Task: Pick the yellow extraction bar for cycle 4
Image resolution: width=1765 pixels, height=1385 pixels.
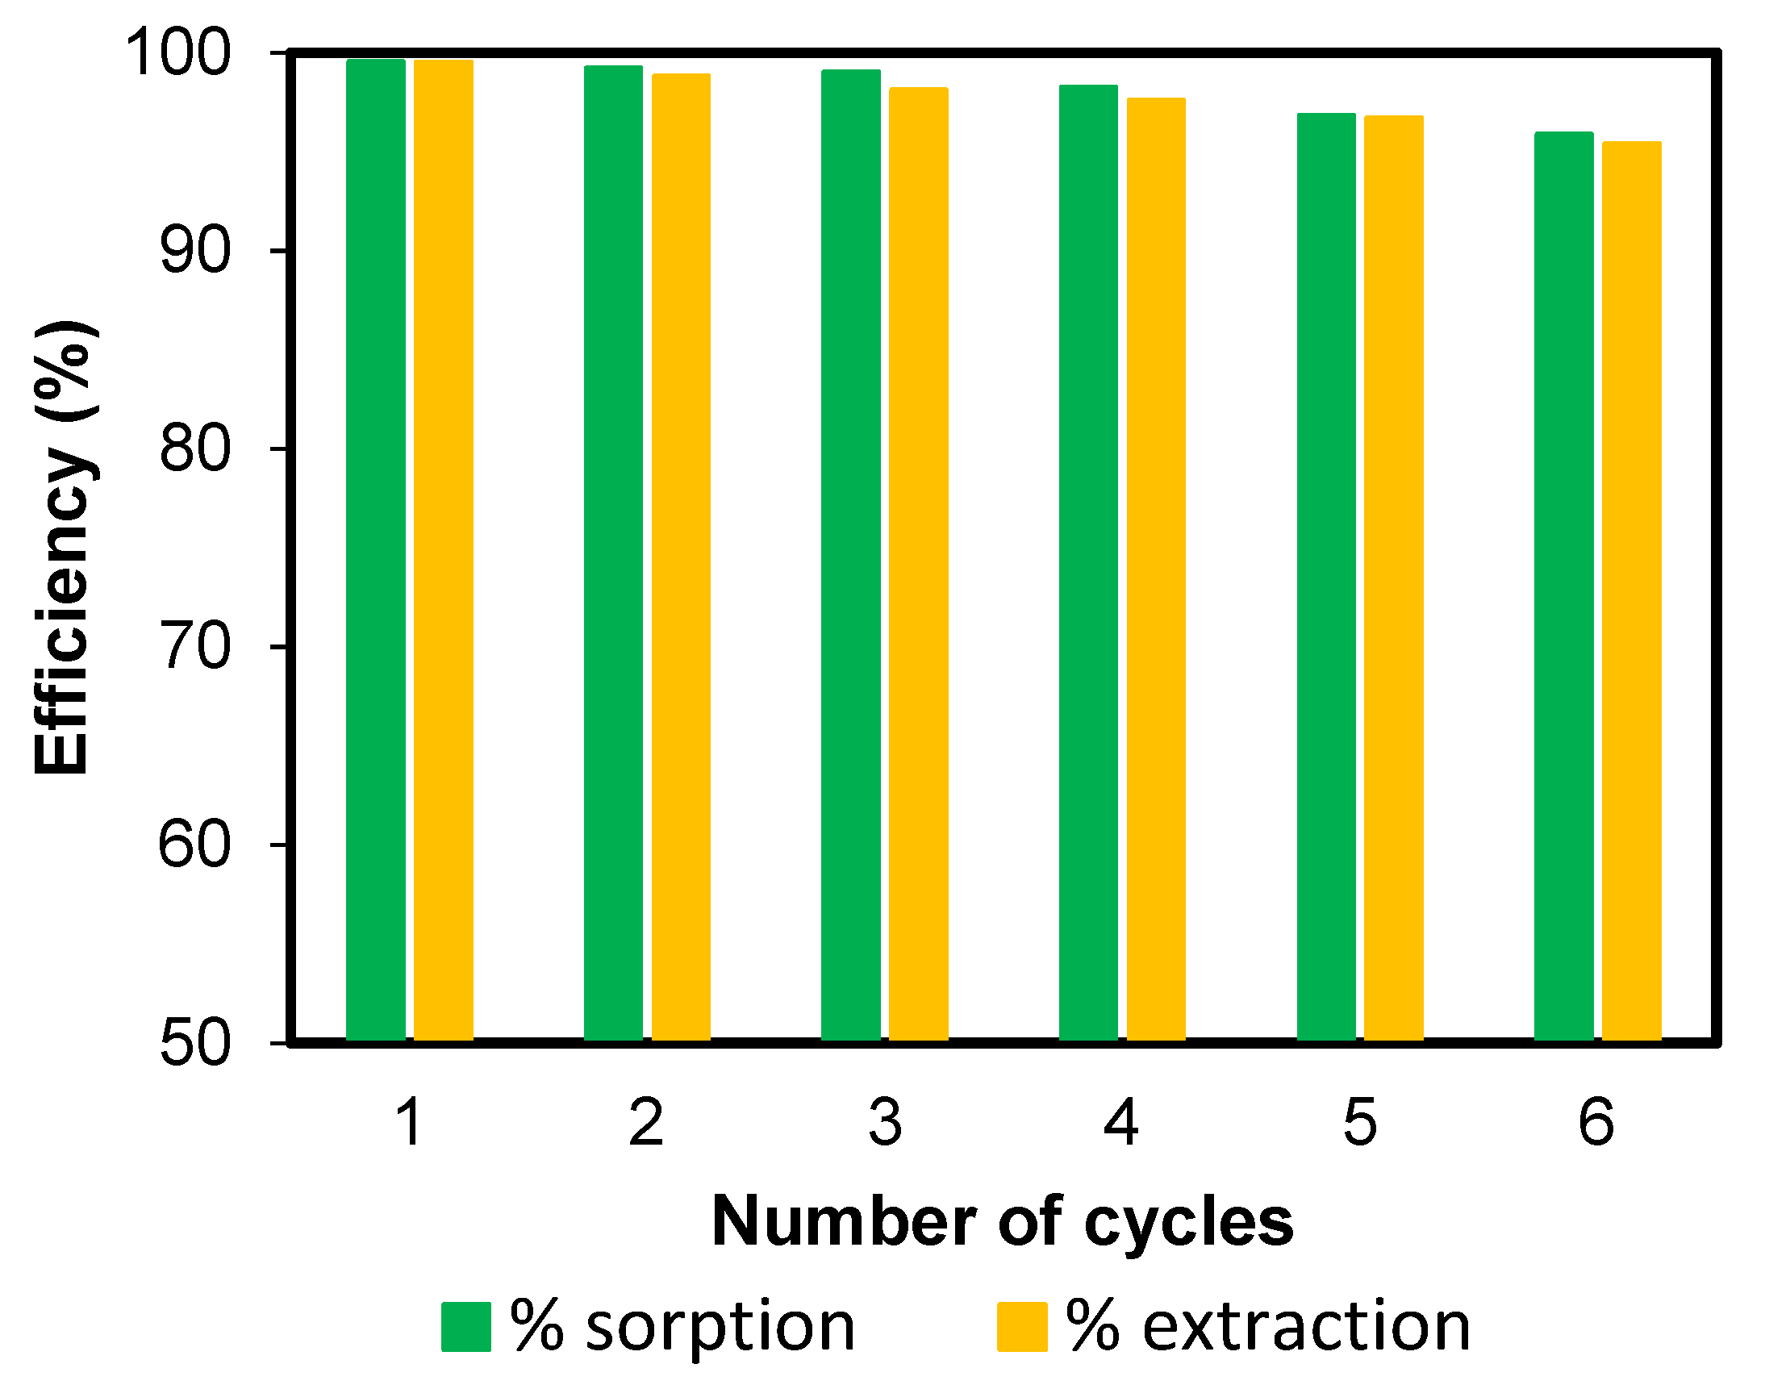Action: coord(1156,569)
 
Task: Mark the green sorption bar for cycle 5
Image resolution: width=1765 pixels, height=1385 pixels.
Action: coord(1326,577)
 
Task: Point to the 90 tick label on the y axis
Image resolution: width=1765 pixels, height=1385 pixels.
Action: coord(195,252)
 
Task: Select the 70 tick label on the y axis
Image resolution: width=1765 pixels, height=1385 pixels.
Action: coord(195,647)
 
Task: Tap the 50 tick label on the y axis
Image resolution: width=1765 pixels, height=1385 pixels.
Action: coord(195,1043)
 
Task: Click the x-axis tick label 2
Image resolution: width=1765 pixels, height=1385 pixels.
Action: coord(646,1123)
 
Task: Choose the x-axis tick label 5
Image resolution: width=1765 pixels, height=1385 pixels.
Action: coord(1359,1123)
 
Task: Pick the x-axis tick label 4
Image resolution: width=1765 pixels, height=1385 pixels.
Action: coord(1122,1123)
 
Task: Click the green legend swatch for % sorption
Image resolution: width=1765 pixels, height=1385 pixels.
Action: coord(465,1328)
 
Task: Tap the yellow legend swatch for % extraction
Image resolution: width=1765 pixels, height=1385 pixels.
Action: coord(1021,1328)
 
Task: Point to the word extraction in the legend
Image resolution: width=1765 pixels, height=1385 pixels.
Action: coord(1306,1328)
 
